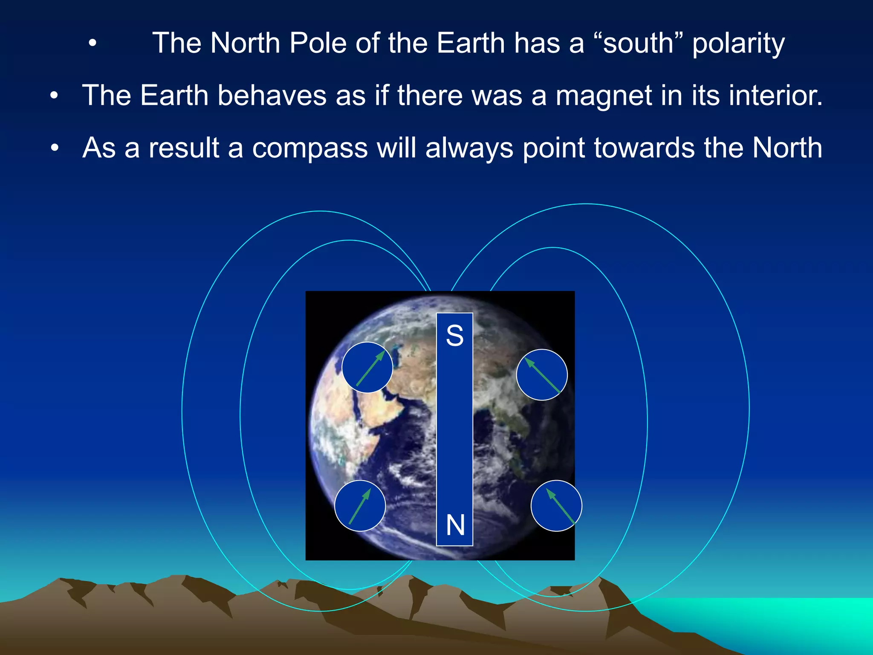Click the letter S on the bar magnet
[x=454, y=336]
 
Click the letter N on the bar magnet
[x=455, y=525]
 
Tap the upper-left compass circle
[x=367, y=367]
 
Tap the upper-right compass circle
[x=542, y=374]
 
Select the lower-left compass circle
[x=360, y=506]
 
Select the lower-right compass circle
[x=556, y=506]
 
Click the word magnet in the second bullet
[x=604, y=96]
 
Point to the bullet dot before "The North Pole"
[x=93, y=43]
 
